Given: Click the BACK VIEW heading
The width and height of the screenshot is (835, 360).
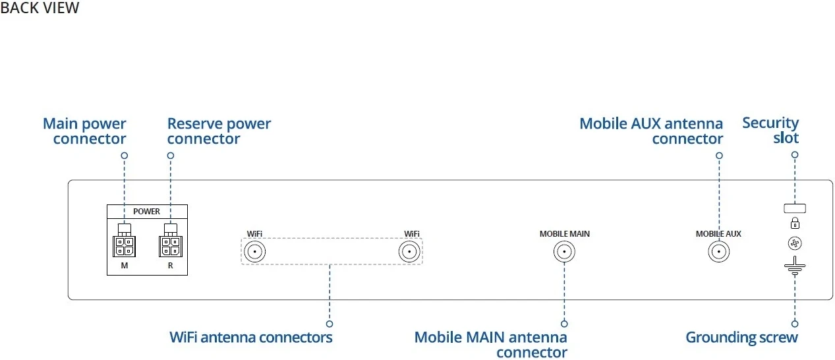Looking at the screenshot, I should coord(40,9).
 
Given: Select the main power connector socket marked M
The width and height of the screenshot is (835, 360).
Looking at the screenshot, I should coord(124,246).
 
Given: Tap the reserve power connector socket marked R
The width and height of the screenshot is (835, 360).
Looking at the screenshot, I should coord(170,246).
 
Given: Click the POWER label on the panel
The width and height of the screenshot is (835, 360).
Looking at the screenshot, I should coord(146,212).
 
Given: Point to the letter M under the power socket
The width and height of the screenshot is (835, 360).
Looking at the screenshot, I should coord(124,266).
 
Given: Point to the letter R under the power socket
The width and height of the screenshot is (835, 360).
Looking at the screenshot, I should coord(170,266).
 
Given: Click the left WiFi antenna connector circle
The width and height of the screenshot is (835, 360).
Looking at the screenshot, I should coord(255,252).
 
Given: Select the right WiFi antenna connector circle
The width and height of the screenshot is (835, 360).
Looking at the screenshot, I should coord(409,252).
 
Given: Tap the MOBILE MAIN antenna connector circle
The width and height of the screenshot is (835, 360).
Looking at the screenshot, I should coord(564,252).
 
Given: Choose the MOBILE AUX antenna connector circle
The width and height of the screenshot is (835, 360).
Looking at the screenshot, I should coord(718,252).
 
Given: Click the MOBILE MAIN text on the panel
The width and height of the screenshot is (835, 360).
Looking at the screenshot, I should coord(565,234).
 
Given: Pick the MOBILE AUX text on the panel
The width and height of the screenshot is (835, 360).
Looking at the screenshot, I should coord(718,234).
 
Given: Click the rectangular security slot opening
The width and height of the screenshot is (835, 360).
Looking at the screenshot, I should coord(795,208).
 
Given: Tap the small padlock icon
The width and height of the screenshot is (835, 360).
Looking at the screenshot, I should coord(795,224).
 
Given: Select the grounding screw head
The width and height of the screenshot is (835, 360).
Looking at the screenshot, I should coord(795,244).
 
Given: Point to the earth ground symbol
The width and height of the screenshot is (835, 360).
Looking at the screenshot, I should coord(795,268).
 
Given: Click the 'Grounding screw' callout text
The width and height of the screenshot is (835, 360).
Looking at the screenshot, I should coord(741,338).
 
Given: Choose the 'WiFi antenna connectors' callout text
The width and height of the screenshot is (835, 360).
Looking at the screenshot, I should coord(251,338).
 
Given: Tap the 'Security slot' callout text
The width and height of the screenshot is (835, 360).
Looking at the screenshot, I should coord(771,131).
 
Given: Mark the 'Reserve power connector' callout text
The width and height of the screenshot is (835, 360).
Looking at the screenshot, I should coord(219,131).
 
